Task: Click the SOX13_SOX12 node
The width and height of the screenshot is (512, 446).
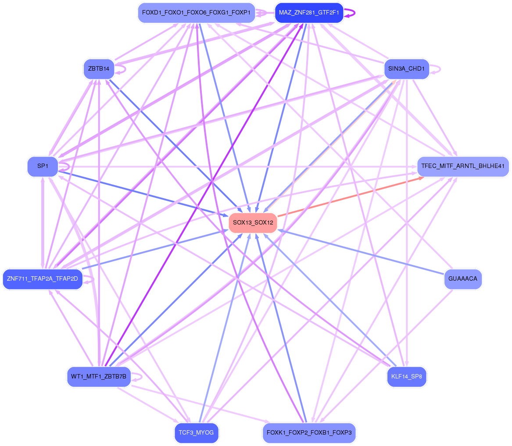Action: pyautogui.click(x=253, y=223)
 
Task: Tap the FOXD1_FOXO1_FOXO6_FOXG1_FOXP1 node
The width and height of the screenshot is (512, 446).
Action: pyautogui.click(x=196, y=13)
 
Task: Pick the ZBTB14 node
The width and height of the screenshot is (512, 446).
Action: pyautogui.click(x=99, y=69)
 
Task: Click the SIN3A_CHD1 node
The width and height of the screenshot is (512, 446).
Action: pyautogui.click(x=406, y=69)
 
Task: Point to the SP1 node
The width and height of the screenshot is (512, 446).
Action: pyautogui.click(x=42, y=167)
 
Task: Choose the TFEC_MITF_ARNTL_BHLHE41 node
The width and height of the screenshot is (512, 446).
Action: pyautogui.click(x=463, y=167)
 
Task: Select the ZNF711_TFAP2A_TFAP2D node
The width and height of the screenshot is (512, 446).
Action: pyautogui.click(x=42, y=279)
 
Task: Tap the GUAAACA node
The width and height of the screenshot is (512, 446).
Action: pyautogui.click(x=463, y=279)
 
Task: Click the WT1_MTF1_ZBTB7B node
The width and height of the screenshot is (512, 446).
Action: pyautogui.click(x=99, y=377)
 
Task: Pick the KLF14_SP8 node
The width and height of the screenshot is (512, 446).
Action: pyautogui.click(x=406, y=377)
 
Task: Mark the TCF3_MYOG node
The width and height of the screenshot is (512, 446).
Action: pyautogui.click(x=196, y=433)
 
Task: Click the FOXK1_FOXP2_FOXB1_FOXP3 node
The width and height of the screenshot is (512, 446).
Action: pyautogui.click(x=309, y=433)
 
